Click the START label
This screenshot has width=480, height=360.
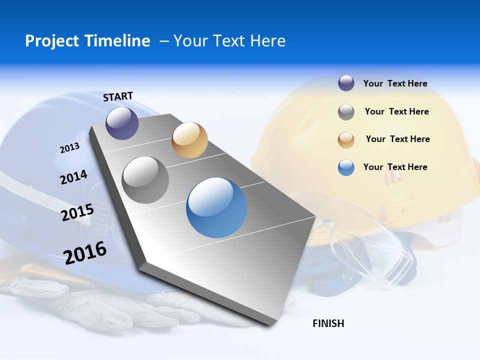click(x=118, y=96)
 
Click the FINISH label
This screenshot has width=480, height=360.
click(x=328, y=323)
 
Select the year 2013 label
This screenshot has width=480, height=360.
click(x=69, y=148)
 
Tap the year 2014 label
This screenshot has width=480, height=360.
click(x=73, y=177)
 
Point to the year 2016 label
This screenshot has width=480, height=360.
click(x=85, y=252)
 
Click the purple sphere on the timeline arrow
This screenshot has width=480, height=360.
click(x=122, y=123)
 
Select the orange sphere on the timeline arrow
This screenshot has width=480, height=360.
click(x=189, y=139)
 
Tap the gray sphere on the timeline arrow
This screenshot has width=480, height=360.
click(x=145, y=179)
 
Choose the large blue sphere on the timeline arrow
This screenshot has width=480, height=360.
click(x=216, y=207)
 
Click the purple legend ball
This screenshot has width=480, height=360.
click(x=346, y=83)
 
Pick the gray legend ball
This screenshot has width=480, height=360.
click(x=346, y=112)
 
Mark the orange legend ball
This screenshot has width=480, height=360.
click(x=346, y=139)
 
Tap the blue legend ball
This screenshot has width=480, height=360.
click(x=346, y=167)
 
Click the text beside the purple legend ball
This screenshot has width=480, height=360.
click(x=395, y=83)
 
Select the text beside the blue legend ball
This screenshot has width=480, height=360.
click(x=395, y=167)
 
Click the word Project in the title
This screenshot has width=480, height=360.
click(x=51, y=41)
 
